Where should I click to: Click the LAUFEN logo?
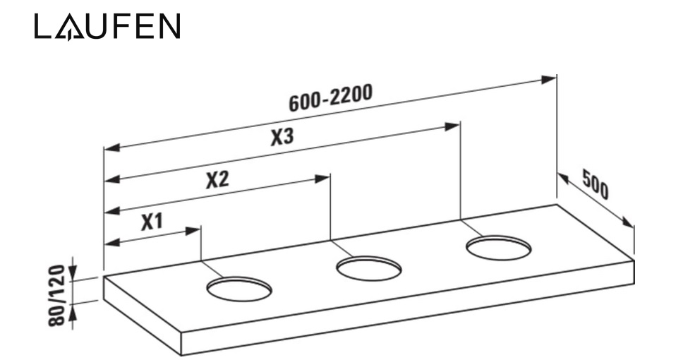click(x=107, y=28)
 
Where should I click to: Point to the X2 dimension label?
click(x=217, y=181)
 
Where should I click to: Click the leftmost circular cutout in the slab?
click(x=238, y=288)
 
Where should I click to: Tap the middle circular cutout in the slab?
click(x=368, y=268)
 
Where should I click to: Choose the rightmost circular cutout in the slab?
click(x=498, y=248)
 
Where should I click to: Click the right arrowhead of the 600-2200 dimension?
click(x=550, y=80)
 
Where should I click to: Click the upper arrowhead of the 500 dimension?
click(x=563, y=176)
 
